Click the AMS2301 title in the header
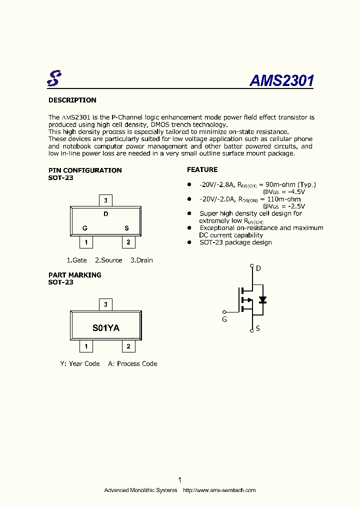click(281, 80)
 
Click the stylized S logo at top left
click(54, 77)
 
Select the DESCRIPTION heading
click(72, 100)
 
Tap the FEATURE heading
click(202, 169)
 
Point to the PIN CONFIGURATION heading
click(85, 170)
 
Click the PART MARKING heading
click(75, 274)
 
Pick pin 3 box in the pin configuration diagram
click(105, 200)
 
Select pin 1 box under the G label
click(86, 242)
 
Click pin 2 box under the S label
click(128, 242)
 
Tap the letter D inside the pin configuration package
click(105, 214)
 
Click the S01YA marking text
click(106, 328)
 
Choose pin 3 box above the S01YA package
click(105, 304)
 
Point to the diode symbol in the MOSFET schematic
click(262, 300)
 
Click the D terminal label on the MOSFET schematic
click(258, 268)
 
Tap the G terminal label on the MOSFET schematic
click(224, 319)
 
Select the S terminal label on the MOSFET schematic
click(258, 328)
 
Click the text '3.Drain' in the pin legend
click(141, 260)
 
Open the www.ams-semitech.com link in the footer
click(219, 490)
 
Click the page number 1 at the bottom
click(179, 479)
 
